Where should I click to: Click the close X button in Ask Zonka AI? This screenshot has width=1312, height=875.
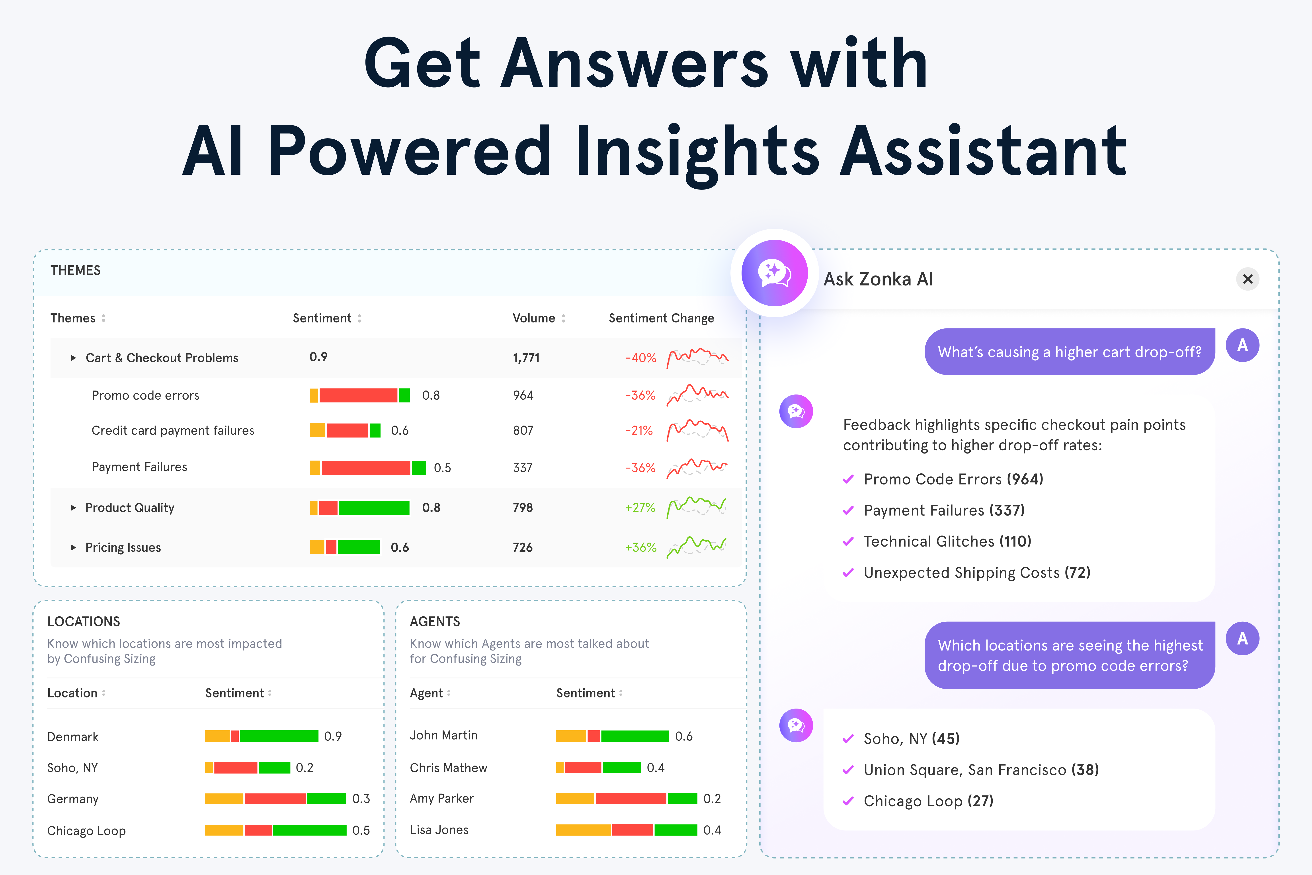pos(1247,279)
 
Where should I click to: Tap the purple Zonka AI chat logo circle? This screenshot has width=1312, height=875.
pos(774,273)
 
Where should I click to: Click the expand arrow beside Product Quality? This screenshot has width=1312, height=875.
pos(73,508)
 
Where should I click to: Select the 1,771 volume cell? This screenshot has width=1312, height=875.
pos(526,358)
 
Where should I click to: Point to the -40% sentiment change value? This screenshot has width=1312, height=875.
pos(640,358)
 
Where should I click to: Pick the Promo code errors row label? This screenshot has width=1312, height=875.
pos(145,395)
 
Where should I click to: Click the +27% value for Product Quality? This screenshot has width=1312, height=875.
pos(640,508)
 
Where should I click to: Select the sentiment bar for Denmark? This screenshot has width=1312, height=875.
pos(261,736)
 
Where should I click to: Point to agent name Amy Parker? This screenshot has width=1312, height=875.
pos(441,799)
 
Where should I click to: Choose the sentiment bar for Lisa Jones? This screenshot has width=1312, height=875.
pos(626,830)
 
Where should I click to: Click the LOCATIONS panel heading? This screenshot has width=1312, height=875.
pos(84,622)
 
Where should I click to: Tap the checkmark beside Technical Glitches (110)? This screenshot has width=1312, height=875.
pos(848,541)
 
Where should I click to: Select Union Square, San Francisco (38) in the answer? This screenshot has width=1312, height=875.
pos(980,770)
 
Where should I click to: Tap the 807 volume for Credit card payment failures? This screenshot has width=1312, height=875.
pos(523,430)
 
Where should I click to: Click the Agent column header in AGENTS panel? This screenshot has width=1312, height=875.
pos(426,693)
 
